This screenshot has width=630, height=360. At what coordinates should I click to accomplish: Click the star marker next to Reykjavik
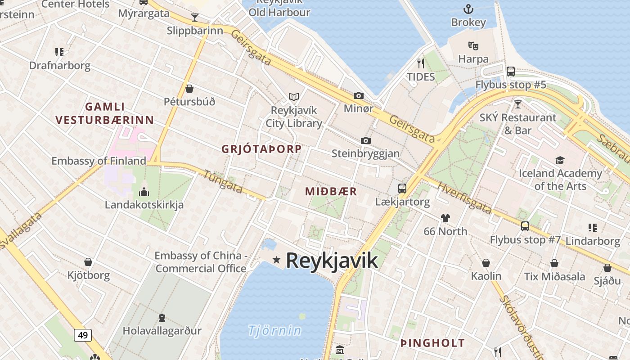tap(276, 260)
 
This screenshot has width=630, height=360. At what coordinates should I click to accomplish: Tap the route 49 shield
tap(83, 335)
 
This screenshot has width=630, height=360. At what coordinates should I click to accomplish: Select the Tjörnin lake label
tap(274, 331)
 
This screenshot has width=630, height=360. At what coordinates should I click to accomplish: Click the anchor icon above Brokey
tap(468, 9)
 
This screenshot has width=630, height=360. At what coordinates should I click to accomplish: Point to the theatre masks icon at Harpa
tap(473, 45)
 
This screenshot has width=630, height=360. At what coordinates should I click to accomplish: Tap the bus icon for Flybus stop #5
tap(511, 71)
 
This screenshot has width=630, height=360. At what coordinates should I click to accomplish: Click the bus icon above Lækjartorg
tap(402, 189)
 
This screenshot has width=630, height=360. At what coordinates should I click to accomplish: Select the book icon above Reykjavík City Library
tap(294, 97)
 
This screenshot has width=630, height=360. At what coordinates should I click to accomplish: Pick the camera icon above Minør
tap(359, 95)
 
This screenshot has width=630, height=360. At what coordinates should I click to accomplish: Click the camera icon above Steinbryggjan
tap(366, 140)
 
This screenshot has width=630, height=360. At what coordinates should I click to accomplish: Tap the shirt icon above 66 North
tap(445, 218)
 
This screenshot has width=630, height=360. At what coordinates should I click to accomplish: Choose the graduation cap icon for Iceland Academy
tap(560, 160)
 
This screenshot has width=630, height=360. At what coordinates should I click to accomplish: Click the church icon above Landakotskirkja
tap(144, 192)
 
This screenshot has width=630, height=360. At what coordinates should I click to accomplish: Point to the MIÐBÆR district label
tap(331, 192)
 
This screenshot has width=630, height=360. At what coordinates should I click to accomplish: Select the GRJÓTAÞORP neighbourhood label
tap(261, 149)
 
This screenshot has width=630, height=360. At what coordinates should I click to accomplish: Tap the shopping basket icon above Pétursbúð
tap(189, 89)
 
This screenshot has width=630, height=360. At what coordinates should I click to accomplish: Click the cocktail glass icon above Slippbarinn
tap(195, 18)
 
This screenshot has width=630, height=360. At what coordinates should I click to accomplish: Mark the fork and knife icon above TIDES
tap(421, 63)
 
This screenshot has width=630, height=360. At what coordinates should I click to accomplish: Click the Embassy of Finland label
tap(99, 161)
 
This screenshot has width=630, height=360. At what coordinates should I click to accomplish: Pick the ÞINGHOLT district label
tap(432, 343)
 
